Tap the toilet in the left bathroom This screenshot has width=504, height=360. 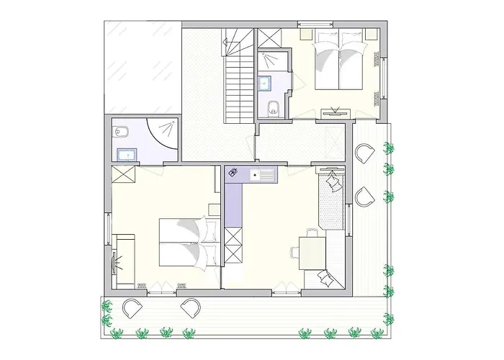point(120,132)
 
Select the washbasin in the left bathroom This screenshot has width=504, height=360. point(128,153)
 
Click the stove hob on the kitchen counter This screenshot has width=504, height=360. point(235,173)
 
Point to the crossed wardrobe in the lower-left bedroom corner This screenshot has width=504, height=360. point(121,175)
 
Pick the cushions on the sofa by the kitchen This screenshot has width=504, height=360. point(333,183)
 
